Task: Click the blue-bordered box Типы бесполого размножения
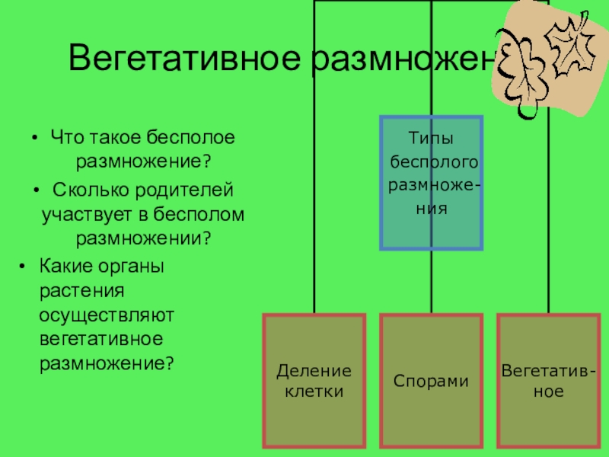pyautogui.click(x=432, y=183)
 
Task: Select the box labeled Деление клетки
pyautogui.click(x=314, y=381)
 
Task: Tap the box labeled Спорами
pyautogui.click(x=431, y=381)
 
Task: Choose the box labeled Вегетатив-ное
pyautogui.click(x=548, y=381)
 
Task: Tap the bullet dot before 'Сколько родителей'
pyautogui.click(x=35, y=189)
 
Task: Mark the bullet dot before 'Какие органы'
pyautogui.click(x=23, y=265)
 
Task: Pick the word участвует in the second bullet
pyautogui.click(x=84, y=214)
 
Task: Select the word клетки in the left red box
pyautogui.click(x=314, y=392)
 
